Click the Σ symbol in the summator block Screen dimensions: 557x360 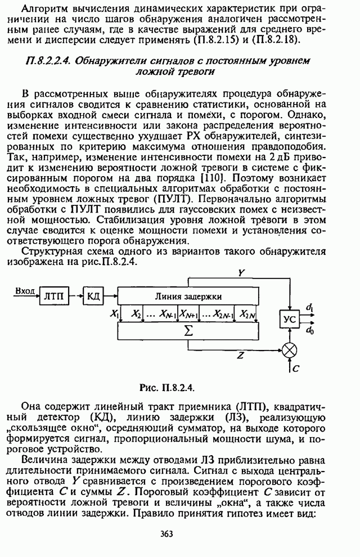[188, 331]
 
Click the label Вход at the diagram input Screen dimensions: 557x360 [25, 290]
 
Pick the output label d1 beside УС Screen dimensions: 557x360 [310, 307]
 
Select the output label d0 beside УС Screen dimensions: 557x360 [310, 331]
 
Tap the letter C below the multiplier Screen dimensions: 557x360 [297, 370]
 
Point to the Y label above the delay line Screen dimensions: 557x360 [241, 272]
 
